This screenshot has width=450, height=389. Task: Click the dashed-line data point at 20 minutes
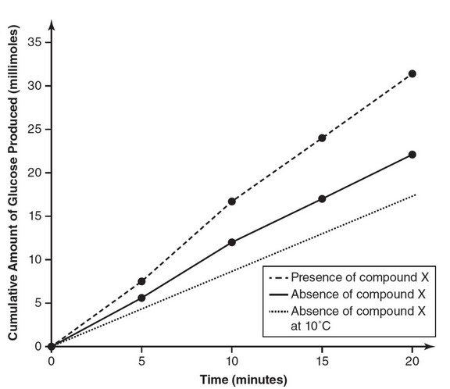pyautogui.click(x=412, y=73)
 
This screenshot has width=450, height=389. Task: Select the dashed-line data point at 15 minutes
pyautogui.click(x=322, y=138)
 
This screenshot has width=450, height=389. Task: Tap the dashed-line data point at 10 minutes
pyautogui.click(x=232, y=202)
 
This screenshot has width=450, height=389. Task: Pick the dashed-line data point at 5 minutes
pyautogui.click(x=141, y=281)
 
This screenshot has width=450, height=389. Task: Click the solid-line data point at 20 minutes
pyautogui.click(x=412, y=155)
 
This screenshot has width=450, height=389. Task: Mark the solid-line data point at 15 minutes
pyautogui.click(x=322, y=199)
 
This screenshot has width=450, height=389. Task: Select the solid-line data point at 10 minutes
pyautogui.click(x=232, y=242)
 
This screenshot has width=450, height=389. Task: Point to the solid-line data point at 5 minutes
pyautogui.click(x=141, y=298)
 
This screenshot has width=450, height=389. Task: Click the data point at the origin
pyautogui.click(x=52, y=346)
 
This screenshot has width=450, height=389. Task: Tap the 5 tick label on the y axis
pyautogui.click(x=37, y=303)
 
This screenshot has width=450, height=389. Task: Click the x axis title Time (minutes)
pyautogui.click(x=232, y=380)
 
